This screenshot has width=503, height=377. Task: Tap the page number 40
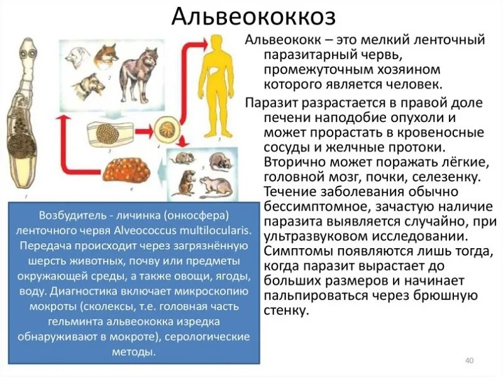pyautogui.click(x=468, y=360)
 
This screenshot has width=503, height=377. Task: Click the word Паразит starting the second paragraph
pyautogui.click(x=271, y=102)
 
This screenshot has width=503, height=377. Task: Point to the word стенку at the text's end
pyautogui.click(x=287, y=310)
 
